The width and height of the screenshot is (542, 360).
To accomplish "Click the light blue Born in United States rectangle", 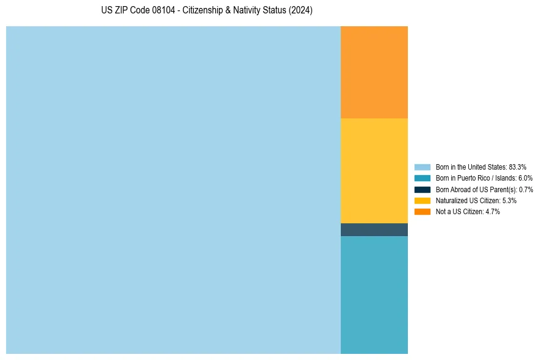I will point(173,190).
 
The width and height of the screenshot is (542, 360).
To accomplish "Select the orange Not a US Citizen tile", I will point(374,72).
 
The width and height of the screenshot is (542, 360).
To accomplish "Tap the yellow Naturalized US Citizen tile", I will point(374,170).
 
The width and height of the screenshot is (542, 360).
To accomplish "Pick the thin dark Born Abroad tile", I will point(374,229).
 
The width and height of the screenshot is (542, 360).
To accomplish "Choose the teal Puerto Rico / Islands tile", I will point(374,295).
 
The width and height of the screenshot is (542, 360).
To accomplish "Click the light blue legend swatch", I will point(422,167).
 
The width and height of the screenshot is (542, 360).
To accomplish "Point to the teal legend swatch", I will point(422,178).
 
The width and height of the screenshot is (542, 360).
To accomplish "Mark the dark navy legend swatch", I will point(422,190).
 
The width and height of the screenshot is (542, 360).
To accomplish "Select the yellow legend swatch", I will point(422,201).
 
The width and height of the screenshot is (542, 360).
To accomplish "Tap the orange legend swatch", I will point(422,212).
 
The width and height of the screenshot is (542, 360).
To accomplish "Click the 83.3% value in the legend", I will point(517,167).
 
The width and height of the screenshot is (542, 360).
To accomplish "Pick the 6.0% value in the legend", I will point(525,178).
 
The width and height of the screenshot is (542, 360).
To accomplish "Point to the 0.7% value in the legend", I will point(526,190).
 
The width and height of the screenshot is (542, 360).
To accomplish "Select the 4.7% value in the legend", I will point(492,212).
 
